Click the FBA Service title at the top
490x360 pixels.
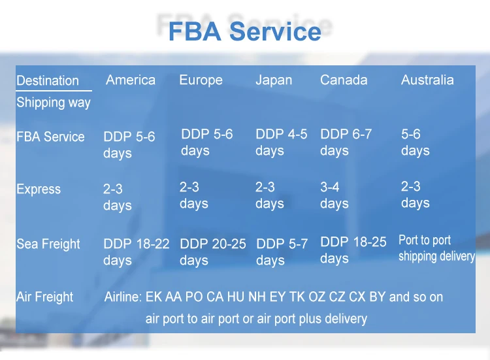tap(245, 31)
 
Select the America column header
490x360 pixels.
tap(131, 80)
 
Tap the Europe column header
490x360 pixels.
tap(201, 80)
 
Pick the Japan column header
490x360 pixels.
tap(274, 80)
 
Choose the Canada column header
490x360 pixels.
tap(344, 80)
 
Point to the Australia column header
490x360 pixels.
tap(427, 80)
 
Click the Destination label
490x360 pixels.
tap(47, 81)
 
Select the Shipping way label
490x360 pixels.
tap(54, 103)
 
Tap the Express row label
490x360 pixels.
tap(39, 189)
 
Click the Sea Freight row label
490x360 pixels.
tap(48, 244)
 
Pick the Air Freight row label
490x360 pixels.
tap(45, 297)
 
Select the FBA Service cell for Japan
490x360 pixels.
tap(281, 142)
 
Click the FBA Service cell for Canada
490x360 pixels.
tap(346, 142)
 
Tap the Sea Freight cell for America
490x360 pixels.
tap(136, 252)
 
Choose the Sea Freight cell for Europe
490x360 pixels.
tap(212, 252)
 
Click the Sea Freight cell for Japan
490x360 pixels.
tap(282, 252)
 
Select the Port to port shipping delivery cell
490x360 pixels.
tap(436, 248)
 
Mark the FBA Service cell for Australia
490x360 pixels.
tap(415, 142)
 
